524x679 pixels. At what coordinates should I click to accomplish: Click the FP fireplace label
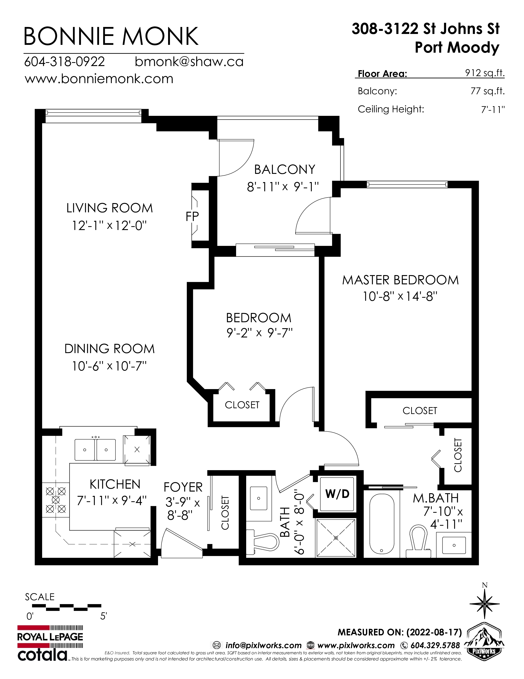[x=192, y=216]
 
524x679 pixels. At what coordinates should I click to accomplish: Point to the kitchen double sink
[x=95, y=450]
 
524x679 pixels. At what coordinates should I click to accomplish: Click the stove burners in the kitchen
[x=55, y=500]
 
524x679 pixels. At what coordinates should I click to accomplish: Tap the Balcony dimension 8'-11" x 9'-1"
[x=283, y=187]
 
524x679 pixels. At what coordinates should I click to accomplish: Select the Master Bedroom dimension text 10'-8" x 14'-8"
[x=400, y=296]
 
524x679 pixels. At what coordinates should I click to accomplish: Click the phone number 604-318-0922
[x=65, y=61]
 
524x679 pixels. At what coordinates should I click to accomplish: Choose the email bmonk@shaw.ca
[x=189, y=62]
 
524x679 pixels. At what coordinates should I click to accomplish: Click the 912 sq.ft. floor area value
[x=485, y=73]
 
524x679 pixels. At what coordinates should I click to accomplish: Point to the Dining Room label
[x=110, y=349]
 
